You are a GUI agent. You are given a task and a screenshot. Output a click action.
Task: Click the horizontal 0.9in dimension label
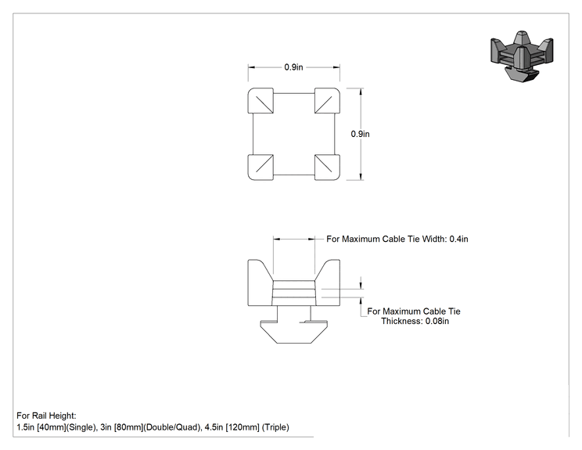[x=293, y=67]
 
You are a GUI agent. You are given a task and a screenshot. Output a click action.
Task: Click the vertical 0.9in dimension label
[x=360, y=134]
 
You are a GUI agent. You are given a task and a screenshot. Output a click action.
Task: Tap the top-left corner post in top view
[x=260, y=101]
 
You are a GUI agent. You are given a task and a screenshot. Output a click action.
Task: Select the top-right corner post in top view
[x=327, y=101]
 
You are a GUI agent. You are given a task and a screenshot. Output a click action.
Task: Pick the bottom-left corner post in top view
[x=260, y=167]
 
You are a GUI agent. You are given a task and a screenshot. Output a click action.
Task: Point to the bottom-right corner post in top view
[x=327, y=167]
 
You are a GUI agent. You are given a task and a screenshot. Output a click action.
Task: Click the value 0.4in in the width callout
[x=458, y=239]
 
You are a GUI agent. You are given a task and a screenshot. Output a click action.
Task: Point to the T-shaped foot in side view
[x=293, y=329]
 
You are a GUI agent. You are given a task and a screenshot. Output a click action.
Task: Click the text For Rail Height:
[x=46, y=416]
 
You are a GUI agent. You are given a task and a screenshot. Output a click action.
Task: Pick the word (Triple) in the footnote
[x=275, y=427]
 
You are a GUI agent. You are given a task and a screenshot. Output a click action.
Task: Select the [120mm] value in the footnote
[x=242, y=427]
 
